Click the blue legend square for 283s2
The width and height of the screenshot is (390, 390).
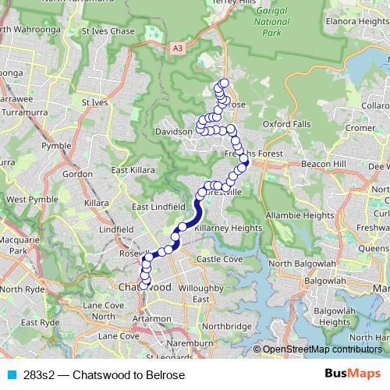point(10,375)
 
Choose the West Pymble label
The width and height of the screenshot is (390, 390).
point(27,200)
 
